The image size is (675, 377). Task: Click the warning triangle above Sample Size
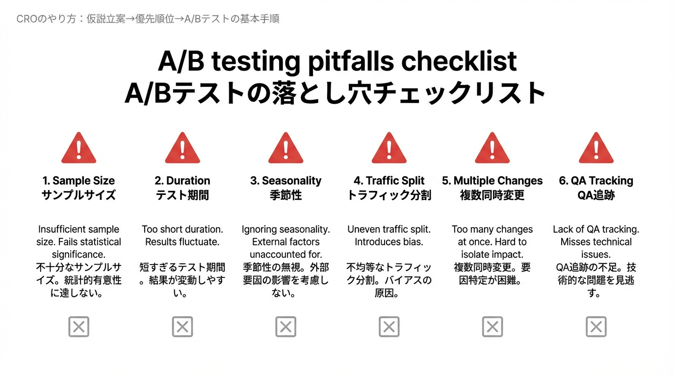tap(78, 148)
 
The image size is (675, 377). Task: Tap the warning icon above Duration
tap(182, 148)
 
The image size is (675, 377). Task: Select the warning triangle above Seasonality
tap(286, 148)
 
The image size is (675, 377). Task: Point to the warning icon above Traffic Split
tap(389, 148)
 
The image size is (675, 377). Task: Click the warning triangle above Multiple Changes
tap(493, 148)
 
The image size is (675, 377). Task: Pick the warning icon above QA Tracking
tap(596, 148)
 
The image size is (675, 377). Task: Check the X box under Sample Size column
tap(78, 326)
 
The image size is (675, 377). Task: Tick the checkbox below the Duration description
tap(182, 326)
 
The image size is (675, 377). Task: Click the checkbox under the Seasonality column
tap(286, 326)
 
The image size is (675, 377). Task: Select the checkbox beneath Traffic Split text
tap(389, 326)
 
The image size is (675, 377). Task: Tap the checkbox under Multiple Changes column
tap(493, 326)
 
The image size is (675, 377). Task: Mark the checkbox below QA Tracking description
tap(596, 326)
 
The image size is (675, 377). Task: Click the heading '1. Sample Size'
tap(78, 181)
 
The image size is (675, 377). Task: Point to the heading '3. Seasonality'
tap(286, 181)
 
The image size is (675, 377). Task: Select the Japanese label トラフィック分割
tap(389, 195)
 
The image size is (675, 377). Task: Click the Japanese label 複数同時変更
tap(493, 195)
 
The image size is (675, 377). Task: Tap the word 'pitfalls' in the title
tap(351, 61)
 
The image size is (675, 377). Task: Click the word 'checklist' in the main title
tap(459, 61)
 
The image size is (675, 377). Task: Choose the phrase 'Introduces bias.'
tap(389, 242)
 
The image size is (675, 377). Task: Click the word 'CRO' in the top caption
tap(27, 19)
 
